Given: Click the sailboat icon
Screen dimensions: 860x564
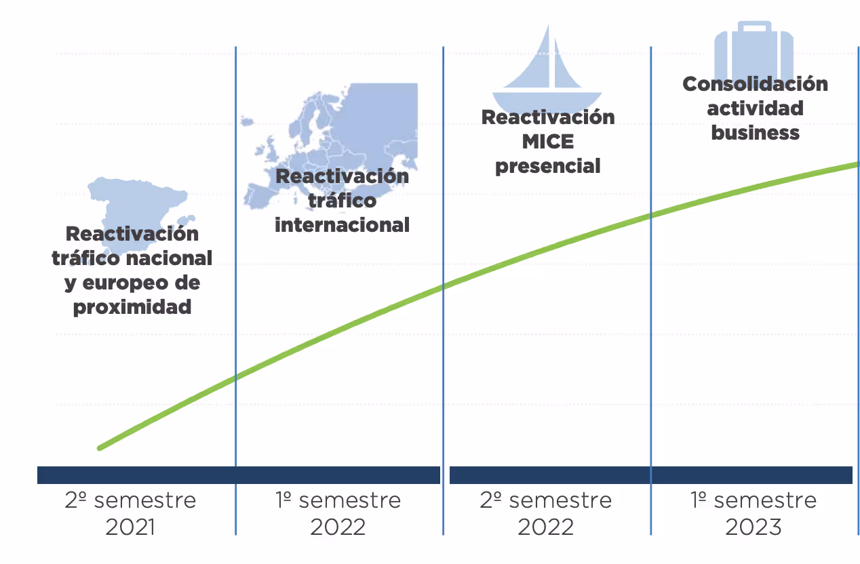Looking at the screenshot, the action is pos(547,64).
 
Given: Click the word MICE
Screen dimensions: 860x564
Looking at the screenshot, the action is pos(548,142).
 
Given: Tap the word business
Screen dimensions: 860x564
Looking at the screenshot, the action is pos(755,132).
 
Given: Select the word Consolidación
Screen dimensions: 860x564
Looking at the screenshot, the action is pos(755,84).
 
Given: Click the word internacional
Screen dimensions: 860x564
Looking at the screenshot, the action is pos(342,224).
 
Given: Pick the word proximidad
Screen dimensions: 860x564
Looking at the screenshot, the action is pos(132,307).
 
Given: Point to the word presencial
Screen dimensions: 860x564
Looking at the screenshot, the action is pos(548,166).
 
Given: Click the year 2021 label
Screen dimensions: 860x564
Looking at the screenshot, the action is pos(130,527).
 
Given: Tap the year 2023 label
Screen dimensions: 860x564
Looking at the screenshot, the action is pos(753,527).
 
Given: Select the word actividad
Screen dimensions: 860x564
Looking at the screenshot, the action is pos(755,108).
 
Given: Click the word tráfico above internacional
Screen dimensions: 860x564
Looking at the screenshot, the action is pos(342,201).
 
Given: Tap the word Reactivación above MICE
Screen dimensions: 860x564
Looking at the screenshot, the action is pos(548,117).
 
